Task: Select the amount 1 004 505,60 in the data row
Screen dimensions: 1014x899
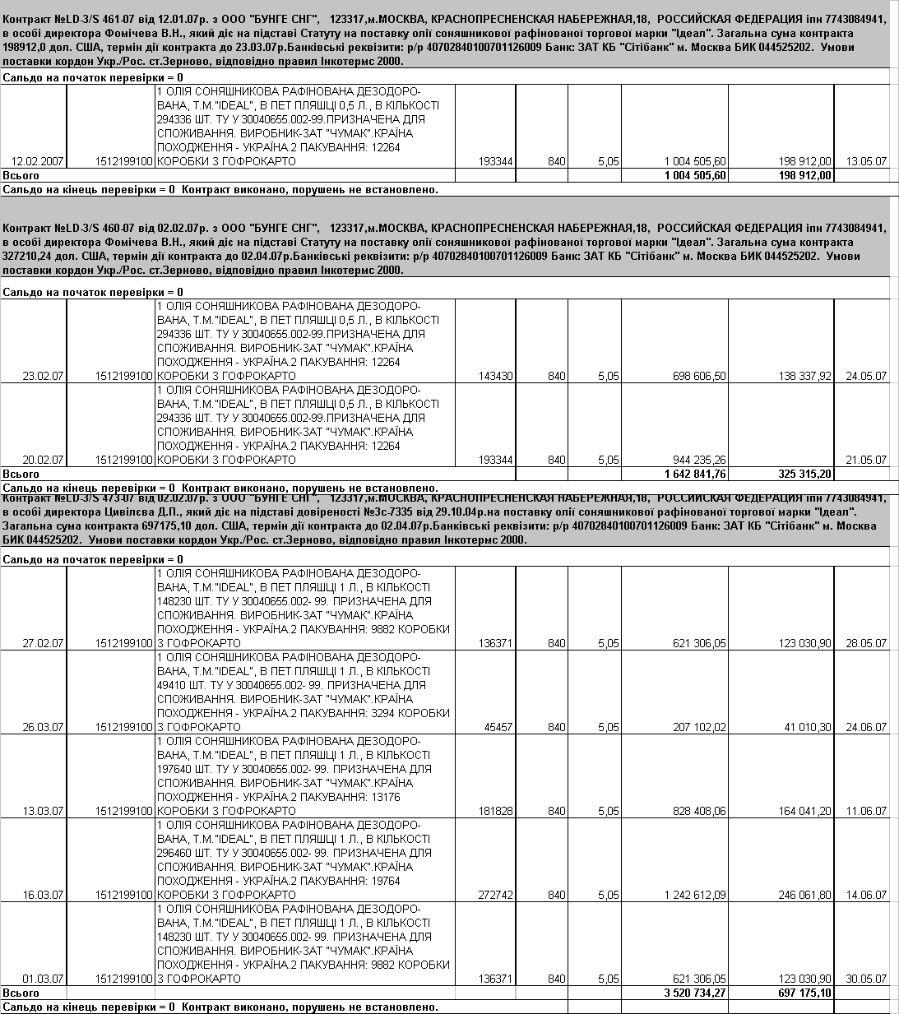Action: coord(695,162)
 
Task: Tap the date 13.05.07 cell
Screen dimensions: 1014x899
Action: coord(866,162)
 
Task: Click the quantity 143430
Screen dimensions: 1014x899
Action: coord(495,377)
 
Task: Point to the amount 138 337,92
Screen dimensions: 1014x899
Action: coord(804,377)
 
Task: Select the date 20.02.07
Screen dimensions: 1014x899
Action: coord(43,461)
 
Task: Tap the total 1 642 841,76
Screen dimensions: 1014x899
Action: coord(695,475)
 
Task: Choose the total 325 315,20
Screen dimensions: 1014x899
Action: coord(804,475)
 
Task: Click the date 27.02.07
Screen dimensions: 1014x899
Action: coord(43,644)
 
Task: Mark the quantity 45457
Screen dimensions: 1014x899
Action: coord(498,728)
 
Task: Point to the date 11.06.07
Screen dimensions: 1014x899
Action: coord(866,812)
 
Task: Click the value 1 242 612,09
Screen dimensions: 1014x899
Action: coord(695,896)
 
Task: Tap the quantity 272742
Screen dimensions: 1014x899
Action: coord(495,896)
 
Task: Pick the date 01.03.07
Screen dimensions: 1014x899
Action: coord(43,979)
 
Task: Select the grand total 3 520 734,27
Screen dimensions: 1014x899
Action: coord(695,993)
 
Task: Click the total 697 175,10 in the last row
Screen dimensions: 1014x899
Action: coord(804,993)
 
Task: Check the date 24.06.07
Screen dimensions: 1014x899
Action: coord(866,728)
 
